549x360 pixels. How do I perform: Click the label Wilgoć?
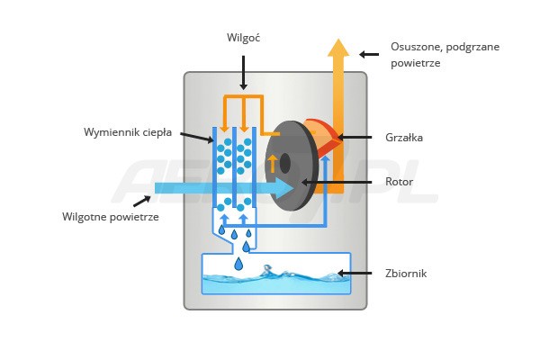click(244, 38)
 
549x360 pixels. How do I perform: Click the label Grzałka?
click(403, 138)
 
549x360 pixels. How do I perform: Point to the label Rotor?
click(399, 182)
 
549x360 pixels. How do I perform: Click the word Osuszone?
click(414, 46)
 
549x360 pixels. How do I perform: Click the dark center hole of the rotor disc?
click(285, 163)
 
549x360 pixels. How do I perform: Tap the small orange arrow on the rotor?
click(273, 163)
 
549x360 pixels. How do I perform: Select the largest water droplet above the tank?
click(238, 264)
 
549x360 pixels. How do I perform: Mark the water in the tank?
click(274, 283)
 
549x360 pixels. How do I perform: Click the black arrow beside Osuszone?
click(369, 54)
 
